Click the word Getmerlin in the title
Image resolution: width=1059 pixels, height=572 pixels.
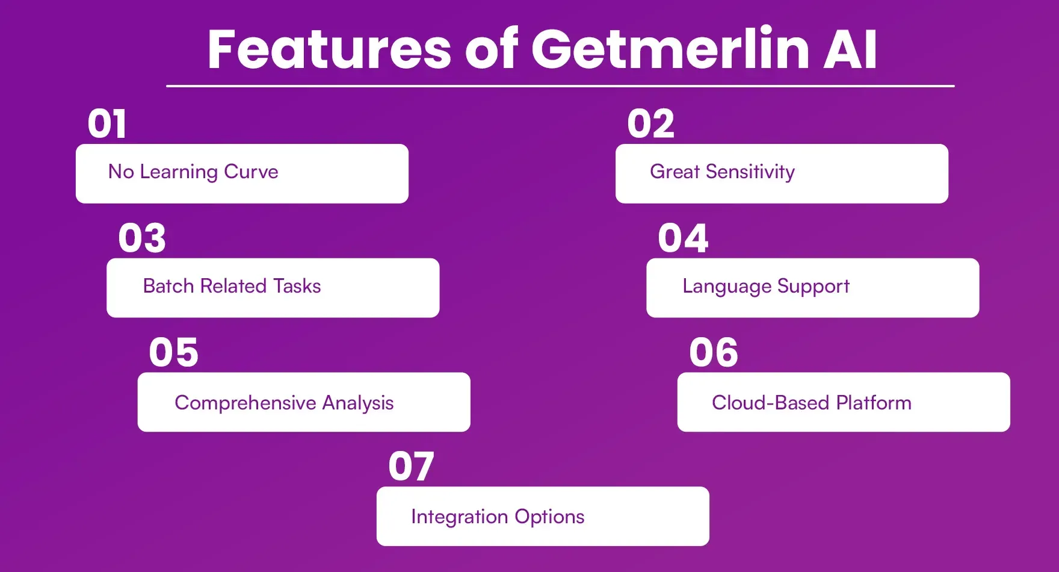click(671, 49)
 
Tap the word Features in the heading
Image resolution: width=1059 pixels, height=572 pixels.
click(329, 49)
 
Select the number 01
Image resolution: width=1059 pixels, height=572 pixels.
click(107, 124)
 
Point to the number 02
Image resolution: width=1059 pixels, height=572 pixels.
click(650, 124)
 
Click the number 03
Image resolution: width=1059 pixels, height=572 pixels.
click(142, 238)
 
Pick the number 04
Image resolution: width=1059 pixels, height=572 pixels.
click(683, 238)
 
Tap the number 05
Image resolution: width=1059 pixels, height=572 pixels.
click(173, 352)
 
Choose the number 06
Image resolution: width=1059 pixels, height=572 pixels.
click(714, 352)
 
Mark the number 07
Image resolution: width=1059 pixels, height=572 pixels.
click(411, 467)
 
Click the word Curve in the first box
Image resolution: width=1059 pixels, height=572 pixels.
click(251, 172)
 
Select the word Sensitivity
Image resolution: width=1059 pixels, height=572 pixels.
click(750, 172)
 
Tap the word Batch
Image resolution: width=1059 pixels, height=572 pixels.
click(168, 286)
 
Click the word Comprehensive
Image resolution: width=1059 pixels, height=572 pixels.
click(245, 403)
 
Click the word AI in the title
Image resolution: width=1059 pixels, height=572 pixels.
click(850, 49)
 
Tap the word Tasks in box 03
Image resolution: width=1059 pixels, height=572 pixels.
click(297, 286)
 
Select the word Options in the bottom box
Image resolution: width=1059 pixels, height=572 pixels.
click(549, 517)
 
